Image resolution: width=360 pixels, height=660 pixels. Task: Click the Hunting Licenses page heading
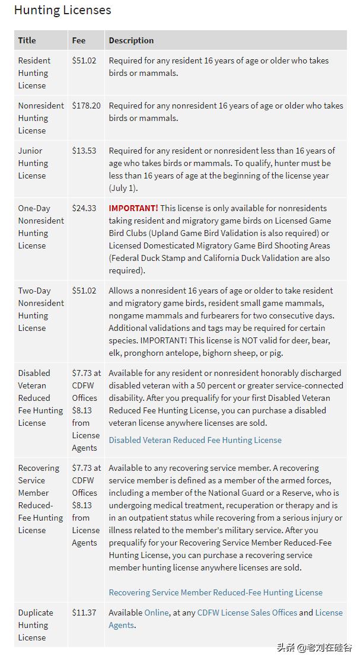pyautogui.click(x=62, y=10)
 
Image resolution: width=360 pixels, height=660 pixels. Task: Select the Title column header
pyautogui.click(x=27, y=40)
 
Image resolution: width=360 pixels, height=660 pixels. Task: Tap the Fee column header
pyautogui.click(x=79, y=40)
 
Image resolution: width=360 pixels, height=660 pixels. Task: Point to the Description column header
pyautogui.click(x=131, y=40)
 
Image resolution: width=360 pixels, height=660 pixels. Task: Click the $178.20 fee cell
pyautogui.click(x=86, y=106)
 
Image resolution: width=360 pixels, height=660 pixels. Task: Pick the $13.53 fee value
pyautogui.click(x=84, y=151)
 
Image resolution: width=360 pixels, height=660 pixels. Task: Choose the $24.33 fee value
pyautogui.click(x=84, y=208)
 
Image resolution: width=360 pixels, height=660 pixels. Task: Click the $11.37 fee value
pyautogui.click(x=84, y=613)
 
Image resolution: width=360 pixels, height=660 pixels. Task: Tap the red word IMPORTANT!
pyautogui.click(x=133, y=208)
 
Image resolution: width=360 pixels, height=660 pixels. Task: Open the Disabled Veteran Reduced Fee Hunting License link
pyautogui.click(x=195, y=440)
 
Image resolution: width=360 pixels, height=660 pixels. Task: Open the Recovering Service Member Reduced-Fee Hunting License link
pyautogui.click(x=215, y=592)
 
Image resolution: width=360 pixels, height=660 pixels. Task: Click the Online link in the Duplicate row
pyautogui.click(x=157, y=613)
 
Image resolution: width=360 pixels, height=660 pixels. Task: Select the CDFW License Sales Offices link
pyautogui.click(x=247, y=613)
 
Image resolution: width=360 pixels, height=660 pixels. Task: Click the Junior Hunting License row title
pyautogui.click(x=33, y=163)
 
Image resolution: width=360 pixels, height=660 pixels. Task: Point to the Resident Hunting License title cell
pyautogui.click(x=34, y=73)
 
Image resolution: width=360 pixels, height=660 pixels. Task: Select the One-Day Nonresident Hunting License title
pyautogui.click(x=40, y=227)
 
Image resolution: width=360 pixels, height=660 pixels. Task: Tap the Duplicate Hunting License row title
pyautogui.click(x=35, y=625)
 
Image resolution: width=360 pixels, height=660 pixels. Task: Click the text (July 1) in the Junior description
pyautogui.click(x=123, y=188)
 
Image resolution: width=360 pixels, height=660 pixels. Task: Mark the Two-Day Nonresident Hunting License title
pyautogui.click(x=40, y=309)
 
